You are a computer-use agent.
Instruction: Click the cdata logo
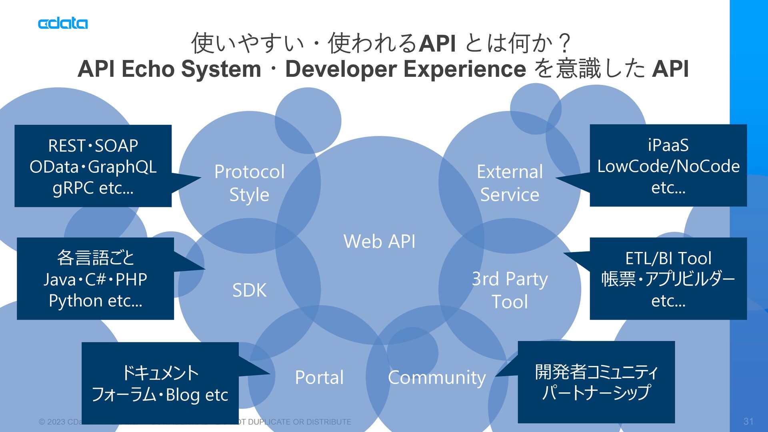[63, 24]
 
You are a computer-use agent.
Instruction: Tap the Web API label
[379, 242]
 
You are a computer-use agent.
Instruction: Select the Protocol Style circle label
[249, 183]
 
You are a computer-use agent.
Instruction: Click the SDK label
[249, 290]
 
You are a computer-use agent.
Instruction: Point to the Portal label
[319, 377]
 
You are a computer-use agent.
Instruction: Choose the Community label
[437, 377]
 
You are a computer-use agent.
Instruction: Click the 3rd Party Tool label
[510, 290]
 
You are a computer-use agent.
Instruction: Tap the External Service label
[510, 183]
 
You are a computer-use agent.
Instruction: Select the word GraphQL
[122, 167]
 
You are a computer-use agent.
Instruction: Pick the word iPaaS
[668, 145]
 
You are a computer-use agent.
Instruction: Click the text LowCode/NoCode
[668, 166]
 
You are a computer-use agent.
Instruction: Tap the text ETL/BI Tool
[668, 258]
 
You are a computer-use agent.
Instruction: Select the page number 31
[748, 421]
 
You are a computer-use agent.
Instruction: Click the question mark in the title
[565, 43]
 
